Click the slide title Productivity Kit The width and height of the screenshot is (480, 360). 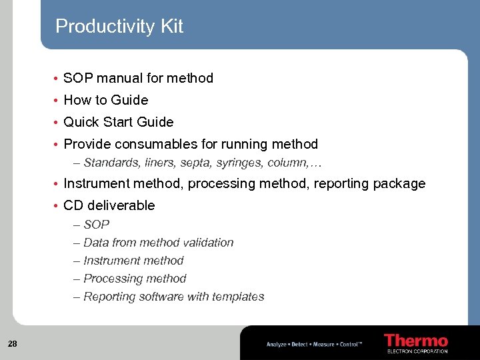coord(119,27)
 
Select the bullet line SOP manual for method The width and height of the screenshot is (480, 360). coord(138,78)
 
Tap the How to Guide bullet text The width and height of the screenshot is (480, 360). coord(105,100)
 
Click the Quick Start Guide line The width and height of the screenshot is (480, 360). coord(118,122)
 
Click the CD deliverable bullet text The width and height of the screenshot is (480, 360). coord(109,205)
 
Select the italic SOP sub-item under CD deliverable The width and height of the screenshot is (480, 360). coord(96,225)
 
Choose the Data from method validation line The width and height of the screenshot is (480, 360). coord(158,243)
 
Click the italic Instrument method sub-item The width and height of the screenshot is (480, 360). coord(133,261)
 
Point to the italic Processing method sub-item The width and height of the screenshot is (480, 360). coord(135,279)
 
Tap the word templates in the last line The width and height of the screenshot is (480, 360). coord(238,297)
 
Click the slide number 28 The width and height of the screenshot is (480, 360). coord(13,344)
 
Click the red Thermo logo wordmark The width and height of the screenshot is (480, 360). coord(415,341)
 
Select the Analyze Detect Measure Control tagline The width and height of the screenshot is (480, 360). coord(314,344)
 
